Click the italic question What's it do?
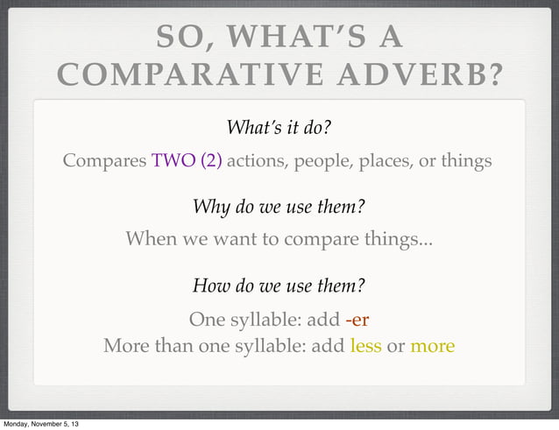pyautogui.click(x=279, y=128)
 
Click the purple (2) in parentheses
pyautogui.click(x=211, y=162)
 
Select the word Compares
pyautogui.click(x=104, y=162)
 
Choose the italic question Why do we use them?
pyautogui.click(x=279, y=208)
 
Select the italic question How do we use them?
pyautogui.click(x=279, y=285)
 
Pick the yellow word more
pyautogui.click(x=432, y=346)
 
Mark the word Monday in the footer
pyautogui.click(x=18, y=425)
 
